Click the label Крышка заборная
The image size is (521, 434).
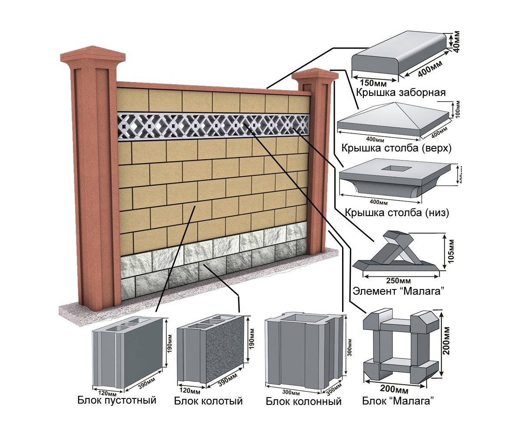coord(401,92)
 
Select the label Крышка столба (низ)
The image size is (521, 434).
coord(397,213)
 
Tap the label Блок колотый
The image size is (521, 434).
coord(208,401)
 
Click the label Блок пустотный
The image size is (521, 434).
coord(117,400)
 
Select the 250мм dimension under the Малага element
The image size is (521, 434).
coord(396,280)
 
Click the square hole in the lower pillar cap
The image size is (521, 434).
coord(393,168)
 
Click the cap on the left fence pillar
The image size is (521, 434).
coord(92,56)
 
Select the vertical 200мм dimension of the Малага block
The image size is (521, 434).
coord(449,343)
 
